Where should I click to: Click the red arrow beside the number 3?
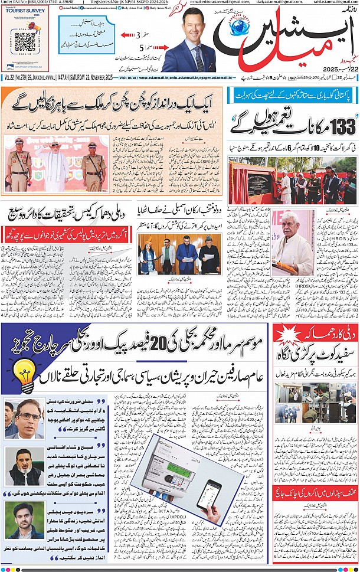click(126, 35)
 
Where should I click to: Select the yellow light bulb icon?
click(22, 374)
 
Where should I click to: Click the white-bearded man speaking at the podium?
click(294, 233)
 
